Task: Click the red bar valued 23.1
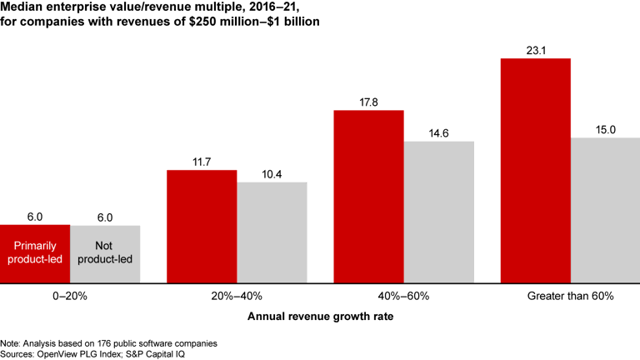[x=535, y=171]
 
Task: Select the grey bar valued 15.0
[x=605, y=210]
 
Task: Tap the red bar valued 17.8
[x=368, y=197]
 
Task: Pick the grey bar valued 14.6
[x=438, y=212]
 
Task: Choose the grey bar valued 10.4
[x=272, y=232]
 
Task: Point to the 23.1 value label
[x=535, y=49]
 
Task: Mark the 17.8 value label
[x=368, y=102]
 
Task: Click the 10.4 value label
[x=272, y=173]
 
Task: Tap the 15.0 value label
[x=605, y=129]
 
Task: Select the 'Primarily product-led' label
[x=35, y=254]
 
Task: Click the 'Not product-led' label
[x=105, y=254]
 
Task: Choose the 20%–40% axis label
[x=237, y=296]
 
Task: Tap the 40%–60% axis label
[x=403, y=296]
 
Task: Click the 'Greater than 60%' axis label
[x=570, y=296]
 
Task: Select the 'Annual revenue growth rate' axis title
[x=320, y=317]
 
